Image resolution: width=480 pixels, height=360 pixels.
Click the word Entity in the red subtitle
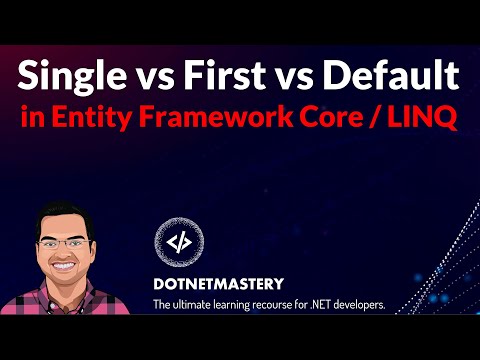coord(94,118)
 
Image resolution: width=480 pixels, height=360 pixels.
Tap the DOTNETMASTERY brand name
coord(221,283)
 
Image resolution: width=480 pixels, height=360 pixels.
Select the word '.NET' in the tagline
coord(347,304)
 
